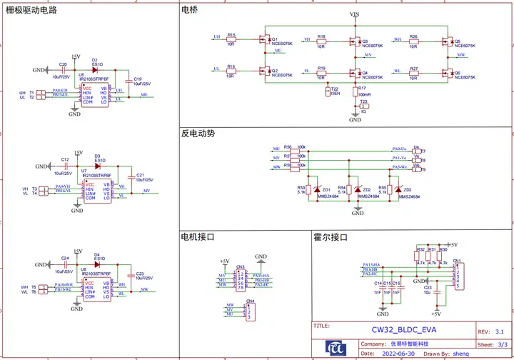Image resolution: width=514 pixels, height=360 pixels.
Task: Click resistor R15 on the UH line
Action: click(x=231, y=39)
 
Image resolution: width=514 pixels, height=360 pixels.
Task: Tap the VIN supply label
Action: click(x=355, y=14)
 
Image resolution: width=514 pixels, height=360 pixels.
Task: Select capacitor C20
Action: click(x=64, y=69)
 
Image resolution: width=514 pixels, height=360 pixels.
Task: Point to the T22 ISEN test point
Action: click(x=329, y=91)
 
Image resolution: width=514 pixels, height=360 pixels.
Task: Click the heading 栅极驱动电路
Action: click(x=31, y=11)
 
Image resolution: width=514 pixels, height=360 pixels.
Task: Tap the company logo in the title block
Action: click(x=336, y=346)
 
